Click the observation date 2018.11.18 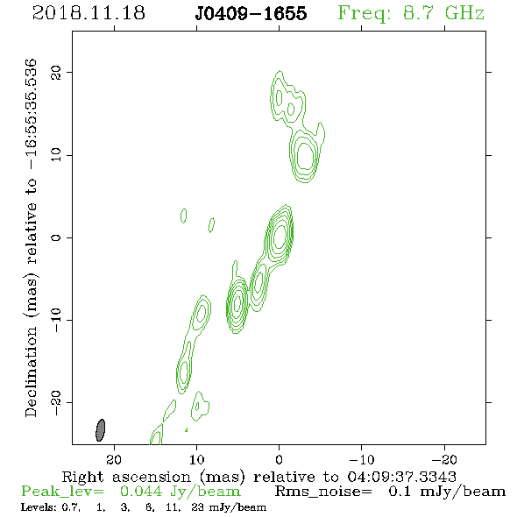click(x=89, y=13)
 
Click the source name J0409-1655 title click(x=251, y=13)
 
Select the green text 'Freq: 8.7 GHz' click(x=411, y=13)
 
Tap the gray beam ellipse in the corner click(x=100, y=430)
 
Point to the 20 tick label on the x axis click(x=114, y=459)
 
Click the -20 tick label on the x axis click(x=444, y=459)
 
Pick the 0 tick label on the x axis click(x=279, y=459)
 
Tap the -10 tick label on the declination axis click(x=56, y=320)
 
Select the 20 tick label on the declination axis click(x=56, y=72)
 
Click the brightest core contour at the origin click(x=280, y=236)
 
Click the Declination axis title click(x=31, y=237)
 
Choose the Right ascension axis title click(x=259, y=477)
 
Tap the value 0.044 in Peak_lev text click(x=141, y=492)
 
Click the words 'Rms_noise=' click(x=323, y=492)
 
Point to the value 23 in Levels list click(x=198, y=507)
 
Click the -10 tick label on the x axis click(x=362, y=459)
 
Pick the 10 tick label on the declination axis click(x=56, y=154)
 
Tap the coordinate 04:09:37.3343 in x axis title click(x=402, y=477)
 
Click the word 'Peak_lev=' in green click(x=62, y=492)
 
